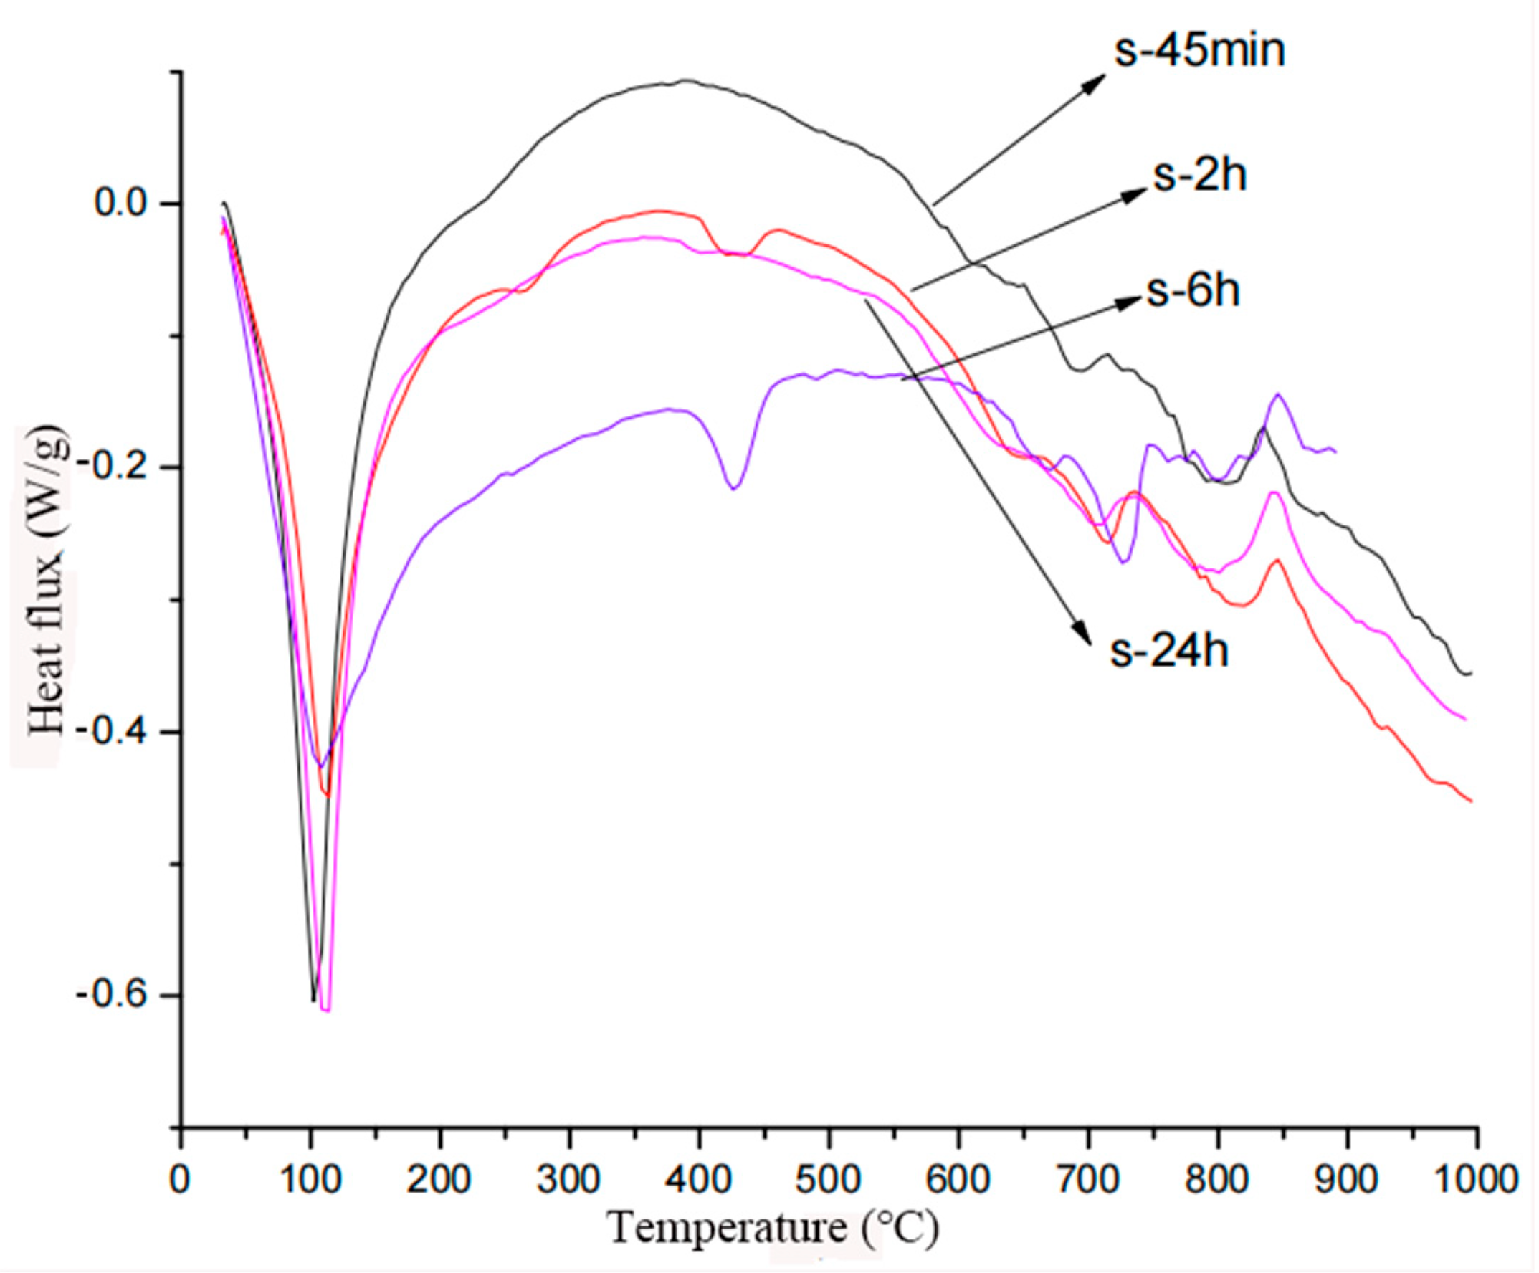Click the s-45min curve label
click(1200, 52)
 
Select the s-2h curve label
click(1200, 176)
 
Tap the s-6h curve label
click(1193, 291)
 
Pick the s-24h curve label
click(1169, 651)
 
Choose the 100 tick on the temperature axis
click(310, 1180)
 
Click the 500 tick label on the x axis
click(829, 1180)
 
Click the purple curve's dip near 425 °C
click(733, 487)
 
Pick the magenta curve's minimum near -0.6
click(326, 1009)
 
